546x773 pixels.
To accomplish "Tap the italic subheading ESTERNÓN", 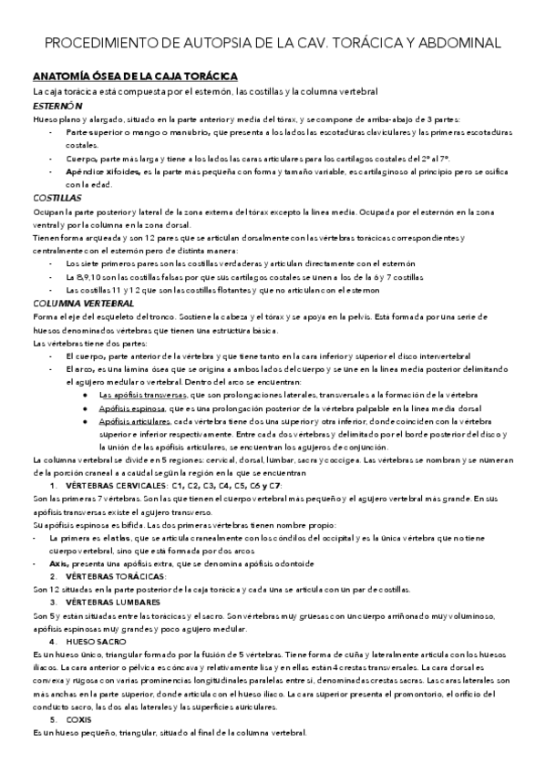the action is point(58,106).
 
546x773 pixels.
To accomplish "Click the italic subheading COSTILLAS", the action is point(57,197).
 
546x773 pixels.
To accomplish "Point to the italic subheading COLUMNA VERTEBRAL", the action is point(83,302).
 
